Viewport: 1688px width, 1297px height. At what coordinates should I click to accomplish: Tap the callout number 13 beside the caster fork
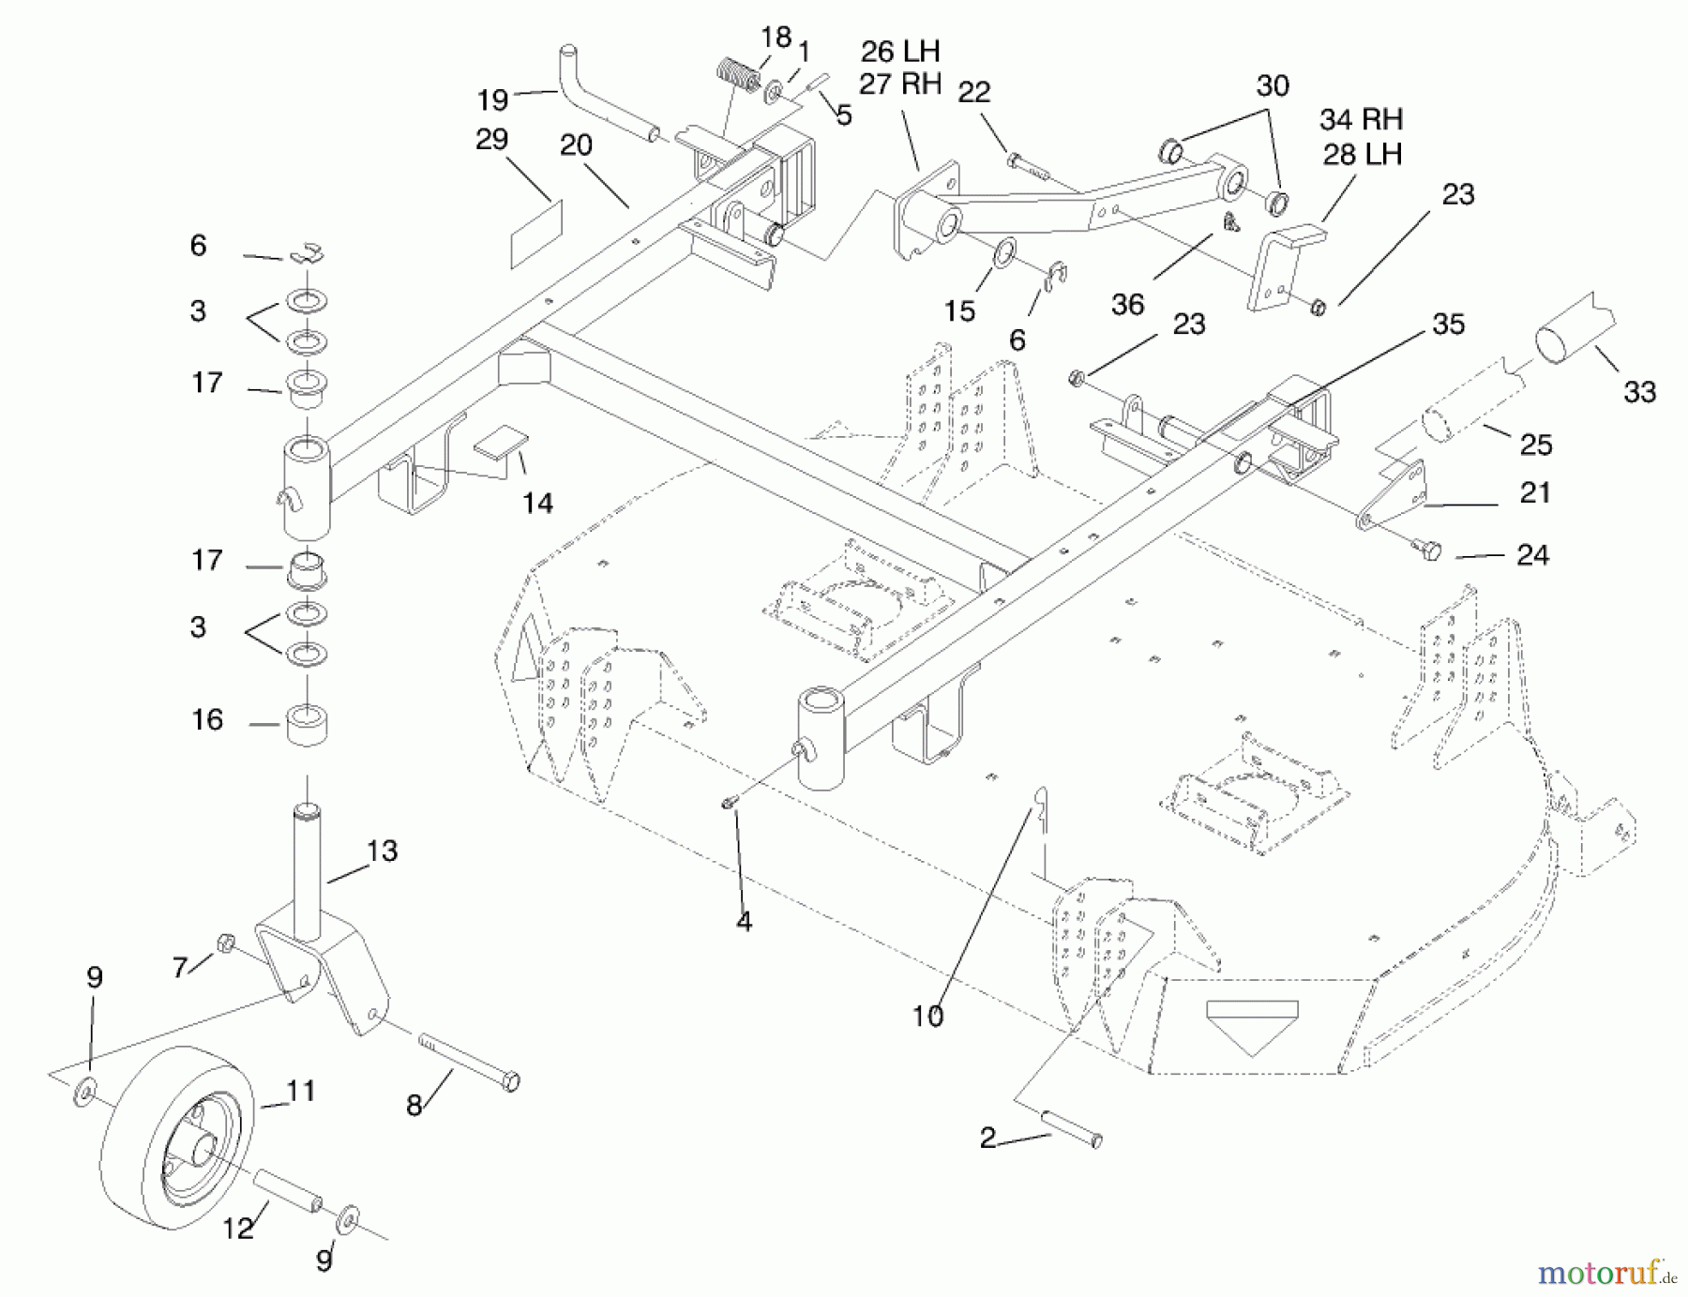(382, 852)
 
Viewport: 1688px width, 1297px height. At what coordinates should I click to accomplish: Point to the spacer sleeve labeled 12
(289, 1189)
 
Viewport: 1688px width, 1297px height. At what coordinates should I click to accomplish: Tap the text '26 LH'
(899, 52)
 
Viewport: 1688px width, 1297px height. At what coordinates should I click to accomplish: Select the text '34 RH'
(1361, 120)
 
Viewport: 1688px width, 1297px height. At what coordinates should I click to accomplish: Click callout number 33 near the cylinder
(1639, 392)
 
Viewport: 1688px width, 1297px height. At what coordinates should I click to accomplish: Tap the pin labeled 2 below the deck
(1069, 1128)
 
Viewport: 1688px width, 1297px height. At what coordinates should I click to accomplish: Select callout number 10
(927, 1017)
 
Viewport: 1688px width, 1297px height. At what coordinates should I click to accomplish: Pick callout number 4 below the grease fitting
(744, 922)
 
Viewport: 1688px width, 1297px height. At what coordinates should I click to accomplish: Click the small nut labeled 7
(225, 942)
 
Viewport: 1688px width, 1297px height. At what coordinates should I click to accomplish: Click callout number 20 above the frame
(576, 145)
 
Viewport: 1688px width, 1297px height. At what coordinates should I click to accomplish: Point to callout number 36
(1127, 305)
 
